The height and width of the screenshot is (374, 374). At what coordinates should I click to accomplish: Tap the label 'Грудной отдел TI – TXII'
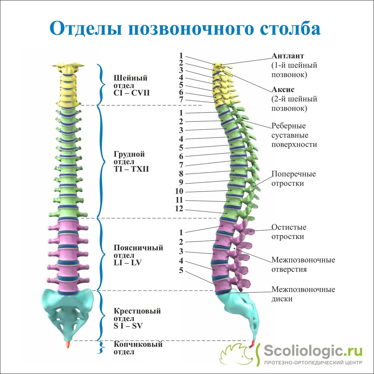click(131, 162)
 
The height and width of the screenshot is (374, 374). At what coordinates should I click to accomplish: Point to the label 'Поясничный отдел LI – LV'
click(138, 255)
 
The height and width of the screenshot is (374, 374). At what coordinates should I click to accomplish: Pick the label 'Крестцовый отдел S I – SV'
click(137, 318)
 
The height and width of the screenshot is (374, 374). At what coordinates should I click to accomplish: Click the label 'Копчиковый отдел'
click(138, 348)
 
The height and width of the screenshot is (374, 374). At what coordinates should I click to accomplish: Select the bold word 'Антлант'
click(288, 56)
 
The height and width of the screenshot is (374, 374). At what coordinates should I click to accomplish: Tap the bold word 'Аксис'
click(283, 89)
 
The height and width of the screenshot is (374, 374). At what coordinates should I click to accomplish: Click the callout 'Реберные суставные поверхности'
click(294, 135)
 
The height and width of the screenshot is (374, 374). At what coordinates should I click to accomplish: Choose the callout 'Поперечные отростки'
click(293, 178)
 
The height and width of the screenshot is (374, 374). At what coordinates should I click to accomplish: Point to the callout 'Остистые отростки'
click(289, 232)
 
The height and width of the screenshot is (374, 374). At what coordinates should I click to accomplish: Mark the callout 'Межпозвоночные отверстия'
click(303, 264)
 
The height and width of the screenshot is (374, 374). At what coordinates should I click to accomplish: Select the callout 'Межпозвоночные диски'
click(303, 294)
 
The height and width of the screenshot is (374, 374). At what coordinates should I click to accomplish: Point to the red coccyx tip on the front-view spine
click(68, 345)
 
